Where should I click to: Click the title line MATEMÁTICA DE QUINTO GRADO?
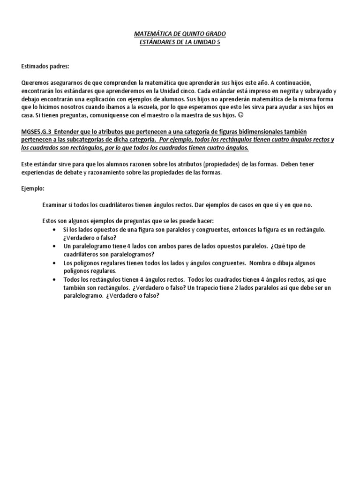[180, 35]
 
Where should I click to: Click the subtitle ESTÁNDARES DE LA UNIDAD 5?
[180, 42]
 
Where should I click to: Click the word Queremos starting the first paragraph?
[35, 82]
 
